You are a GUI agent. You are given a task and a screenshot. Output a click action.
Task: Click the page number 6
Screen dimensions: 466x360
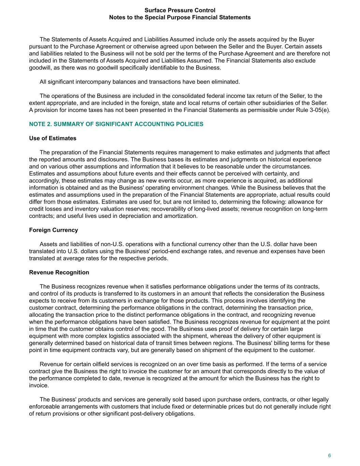(x=329, y=455)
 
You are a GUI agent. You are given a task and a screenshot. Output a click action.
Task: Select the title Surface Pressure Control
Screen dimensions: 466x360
(x=180, y=10)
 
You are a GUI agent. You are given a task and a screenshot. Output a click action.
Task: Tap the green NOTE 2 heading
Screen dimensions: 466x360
(x=116, y=124)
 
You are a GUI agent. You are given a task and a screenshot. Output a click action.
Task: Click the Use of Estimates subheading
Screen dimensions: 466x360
(x=53, y=138)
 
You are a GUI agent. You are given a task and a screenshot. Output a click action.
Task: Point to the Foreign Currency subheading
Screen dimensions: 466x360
(x=54, y=230)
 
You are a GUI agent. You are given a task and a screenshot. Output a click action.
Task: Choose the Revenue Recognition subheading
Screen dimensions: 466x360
(x=59, y=272)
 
